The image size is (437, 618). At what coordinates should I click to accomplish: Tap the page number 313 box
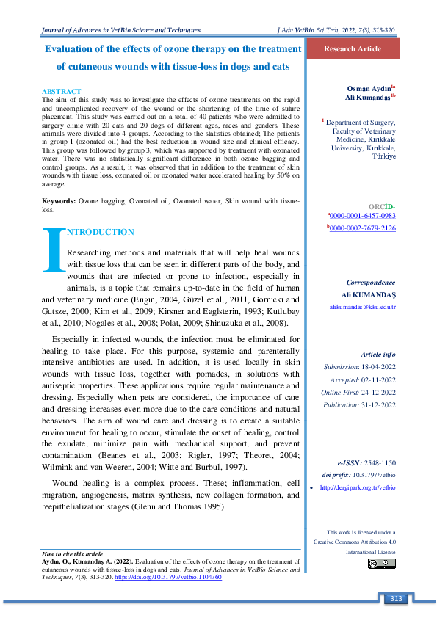tap(397, 599)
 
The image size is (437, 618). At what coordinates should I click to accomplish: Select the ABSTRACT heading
tap(62, 90)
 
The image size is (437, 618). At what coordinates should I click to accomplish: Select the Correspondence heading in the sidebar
tap(371, 283)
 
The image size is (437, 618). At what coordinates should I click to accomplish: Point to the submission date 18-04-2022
tap(378, 366)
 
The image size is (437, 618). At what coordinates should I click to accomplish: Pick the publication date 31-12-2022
tap(379, 404)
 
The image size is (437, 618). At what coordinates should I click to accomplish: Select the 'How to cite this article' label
tap(72, 553)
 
